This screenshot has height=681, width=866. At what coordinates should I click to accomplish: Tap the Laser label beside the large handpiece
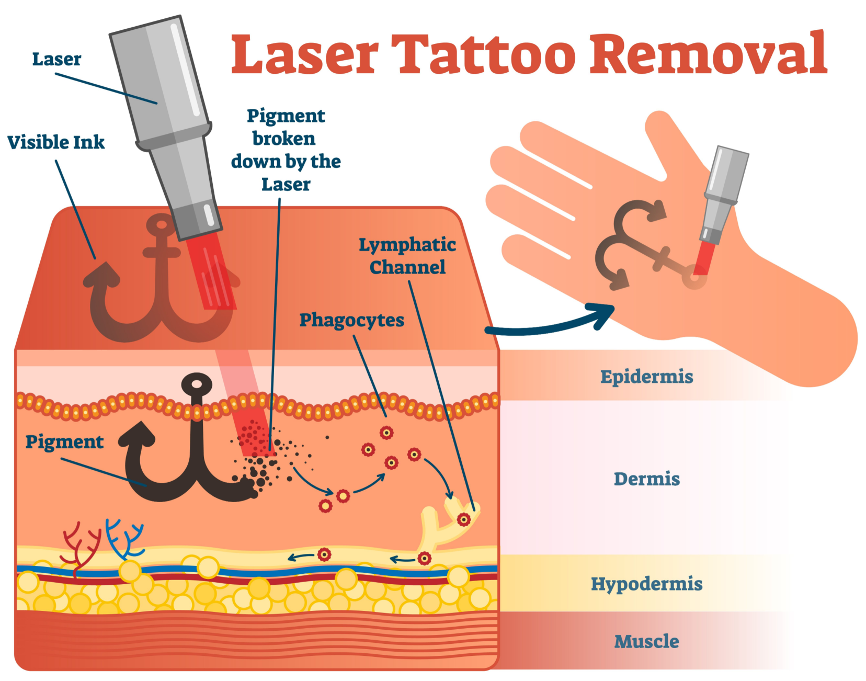click(56, 59)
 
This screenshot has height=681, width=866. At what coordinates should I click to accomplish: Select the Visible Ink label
click(56, 142)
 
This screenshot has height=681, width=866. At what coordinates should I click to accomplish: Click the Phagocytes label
click(351, 320)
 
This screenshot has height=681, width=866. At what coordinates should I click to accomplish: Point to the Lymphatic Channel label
click(407, 256)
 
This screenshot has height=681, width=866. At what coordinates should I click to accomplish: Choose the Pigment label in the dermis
click(64, 442)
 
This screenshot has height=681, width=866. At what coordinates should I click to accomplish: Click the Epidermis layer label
click(646, 377)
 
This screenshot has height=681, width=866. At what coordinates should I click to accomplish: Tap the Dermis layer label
click(646, 479)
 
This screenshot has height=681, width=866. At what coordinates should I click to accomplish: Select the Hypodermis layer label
click(646, 584)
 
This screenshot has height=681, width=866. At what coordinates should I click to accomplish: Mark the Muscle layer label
click(646, 641)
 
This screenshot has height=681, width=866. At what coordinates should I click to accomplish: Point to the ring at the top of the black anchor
click(197, 384)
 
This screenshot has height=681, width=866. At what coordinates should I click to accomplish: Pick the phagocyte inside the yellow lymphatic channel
click(463, 519)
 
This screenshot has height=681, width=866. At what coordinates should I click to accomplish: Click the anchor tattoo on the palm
click(638, 241)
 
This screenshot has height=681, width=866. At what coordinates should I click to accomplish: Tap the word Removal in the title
click(708, 54)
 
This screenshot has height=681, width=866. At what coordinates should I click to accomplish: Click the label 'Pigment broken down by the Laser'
click(286, 150)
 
